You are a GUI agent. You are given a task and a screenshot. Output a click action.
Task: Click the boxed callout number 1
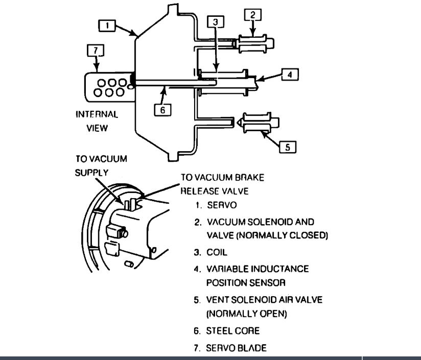pos(107,25)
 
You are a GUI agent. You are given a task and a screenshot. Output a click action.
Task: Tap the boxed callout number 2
pos(252,15)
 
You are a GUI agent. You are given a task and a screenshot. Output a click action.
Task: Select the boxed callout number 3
pos(216,22)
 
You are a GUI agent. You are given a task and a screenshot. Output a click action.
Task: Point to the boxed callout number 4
pos(289,75)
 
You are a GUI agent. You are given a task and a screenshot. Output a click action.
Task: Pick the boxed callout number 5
pos(288,147)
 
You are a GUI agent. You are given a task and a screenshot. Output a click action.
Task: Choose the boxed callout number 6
pos(162,109)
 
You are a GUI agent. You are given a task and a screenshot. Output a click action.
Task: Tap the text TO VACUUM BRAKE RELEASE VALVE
pos(223,184)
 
